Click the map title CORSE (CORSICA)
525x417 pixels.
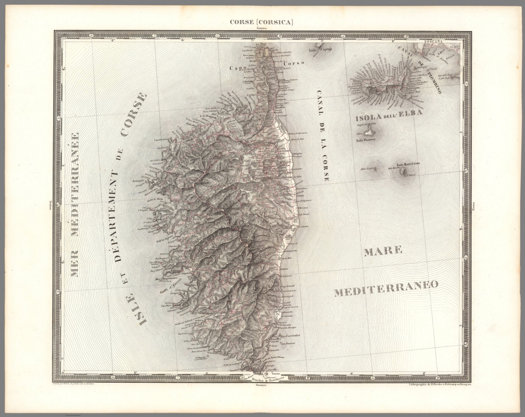262,23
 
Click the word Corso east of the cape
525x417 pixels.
294,64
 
